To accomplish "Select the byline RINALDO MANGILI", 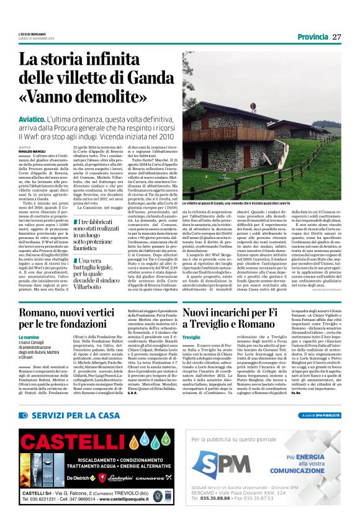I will point(32,150).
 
